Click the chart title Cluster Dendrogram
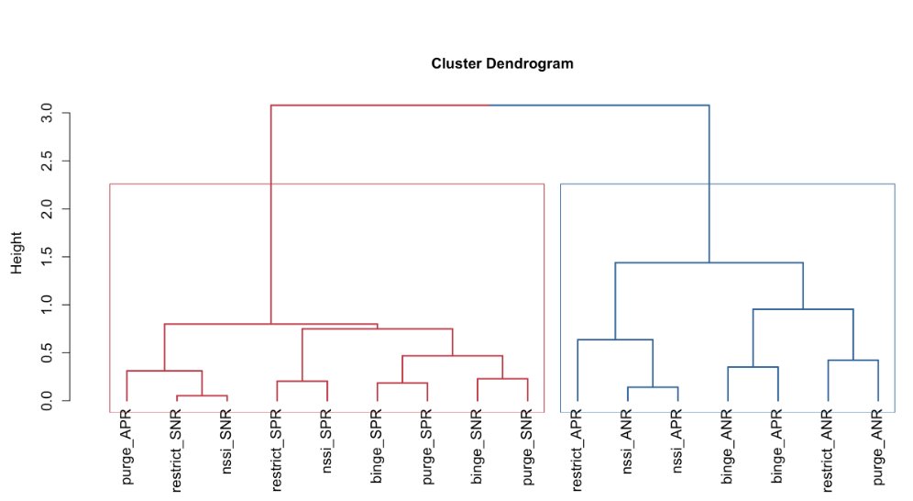click(x=502, y=64)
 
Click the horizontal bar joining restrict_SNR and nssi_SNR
click(x=202, y=395)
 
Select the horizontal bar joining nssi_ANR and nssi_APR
click(x=652, y=387)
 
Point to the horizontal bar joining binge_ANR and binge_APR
click(x=753, y=367)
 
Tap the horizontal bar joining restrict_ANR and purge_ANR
click(x=852, y=360)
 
